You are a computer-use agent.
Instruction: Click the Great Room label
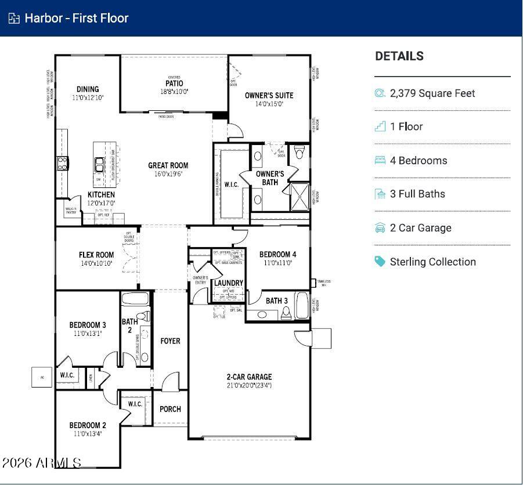tap(168, 165)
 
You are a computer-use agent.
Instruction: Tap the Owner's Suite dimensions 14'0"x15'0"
tap(269, 104)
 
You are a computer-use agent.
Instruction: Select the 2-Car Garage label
tap(249, 377)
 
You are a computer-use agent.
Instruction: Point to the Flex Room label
tap(96, 255)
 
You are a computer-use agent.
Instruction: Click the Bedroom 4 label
tap(277, 254)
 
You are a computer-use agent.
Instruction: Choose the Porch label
tap(170, 409)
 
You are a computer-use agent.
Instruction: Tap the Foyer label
tap(170, 341)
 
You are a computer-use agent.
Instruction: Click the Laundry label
tap(228, 283)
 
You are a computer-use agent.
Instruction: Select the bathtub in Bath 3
tap(302, 306)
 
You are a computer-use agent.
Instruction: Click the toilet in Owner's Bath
tap(299, 153)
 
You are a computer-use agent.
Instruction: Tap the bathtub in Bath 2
tap(136, 300)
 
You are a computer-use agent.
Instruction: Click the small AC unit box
tap(42, 377)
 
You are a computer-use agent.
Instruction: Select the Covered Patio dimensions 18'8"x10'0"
tap(174, 92)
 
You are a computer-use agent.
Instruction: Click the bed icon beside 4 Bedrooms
tap(380, 160)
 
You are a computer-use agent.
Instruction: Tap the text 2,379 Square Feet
tap(432, 93)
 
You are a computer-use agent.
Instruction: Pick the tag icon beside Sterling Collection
tap(380, 262)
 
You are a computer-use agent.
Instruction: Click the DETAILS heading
tap(399, 56)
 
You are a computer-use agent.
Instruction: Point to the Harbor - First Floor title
tap(76, 18)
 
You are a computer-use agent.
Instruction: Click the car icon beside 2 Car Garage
tap(380, 228)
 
